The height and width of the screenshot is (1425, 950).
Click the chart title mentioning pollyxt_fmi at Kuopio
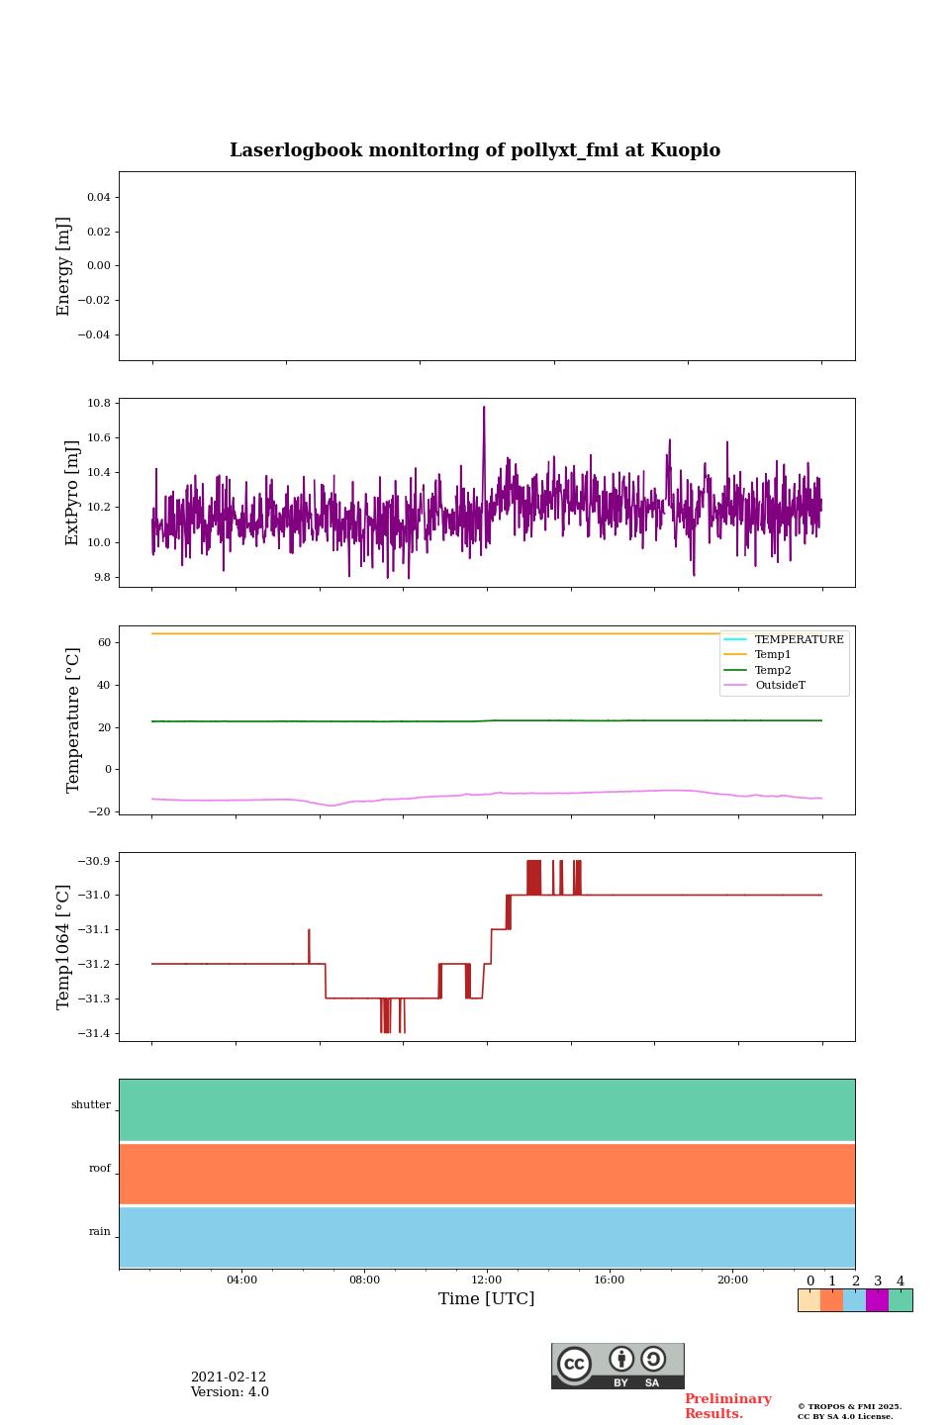click(475, 150)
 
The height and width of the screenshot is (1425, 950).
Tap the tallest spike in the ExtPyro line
click(484, 408)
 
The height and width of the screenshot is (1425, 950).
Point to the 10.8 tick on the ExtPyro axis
click(98, 404)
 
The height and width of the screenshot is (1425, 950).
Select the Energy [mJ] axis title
click(64, 266)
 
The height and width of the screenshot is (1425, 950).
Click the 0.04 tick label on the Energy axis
click(98, 198)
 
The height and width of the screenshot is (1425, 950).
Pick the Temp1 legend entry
click(773, 655)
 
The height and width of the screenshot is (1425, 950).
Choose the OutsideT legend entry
click(780, 686)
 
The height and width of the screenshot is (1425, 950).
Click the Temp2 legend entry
click(773, 671)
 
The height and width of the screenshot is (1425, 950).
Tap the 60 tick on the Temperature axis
click(104, 643)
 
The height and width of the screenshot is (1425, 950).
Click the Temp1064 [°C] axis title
click(64, 947)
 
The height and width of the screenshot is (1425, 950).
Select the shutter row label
click(91, 1105)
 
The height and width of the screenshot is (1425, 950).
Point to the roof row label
click(100, 1169)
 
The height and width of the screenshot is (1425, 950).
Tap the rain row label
click(100, 1232)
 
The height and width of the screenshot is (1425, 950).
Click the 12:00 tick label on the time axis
click(487, 1281)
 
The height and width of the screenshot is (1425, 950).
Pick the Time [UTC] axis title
click(487, 1299)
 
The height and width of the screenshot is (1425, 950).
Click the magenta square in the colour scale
click(877, 1300)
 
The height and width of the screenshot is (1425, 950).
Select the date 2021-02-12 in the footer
click(229, 1377)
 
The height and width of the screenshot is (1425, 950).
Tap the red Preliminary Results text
click(727, 1406)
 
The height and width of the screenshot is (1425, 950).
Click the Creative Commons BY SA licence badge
click(617, 1366)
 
